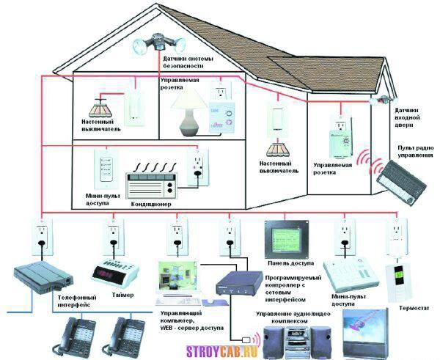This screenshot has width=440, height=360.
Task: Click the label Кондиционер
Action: pyautogui.click(x=151, y=204)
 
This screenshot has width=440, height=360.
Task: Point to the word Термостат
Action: pyautogui.click(x=414, y=308)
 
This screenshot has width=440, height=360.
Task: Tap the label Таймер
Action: pyautogui.click(x=123, y=295)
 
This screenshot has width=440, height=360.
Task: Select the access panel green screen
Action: pyautogui.click(x=287, y=239)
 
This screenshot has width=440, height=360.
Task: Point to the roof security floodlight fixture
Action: pyautogui.click(x=158, y=43)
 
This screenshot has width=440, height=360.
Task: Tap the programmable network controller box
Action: pyautogui.click(x=239, y=283)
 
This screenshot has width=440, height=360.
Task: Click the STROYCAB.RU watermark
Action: pyautogui.click(x=222, y=351)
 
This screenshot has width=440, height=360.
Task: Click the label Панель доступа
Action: pyautogui.click(x=290, y=263)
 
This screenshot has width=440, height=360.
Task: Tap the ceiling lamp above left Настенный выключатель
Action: pyautogui.click(x=100, y=107)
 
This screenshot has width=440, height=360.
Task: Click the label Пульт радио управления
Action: pyautogui.click(x=415, y=152)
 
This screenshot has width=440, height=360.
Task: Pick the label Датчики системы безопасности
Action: pyautogui.click(x=188, y=62)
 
